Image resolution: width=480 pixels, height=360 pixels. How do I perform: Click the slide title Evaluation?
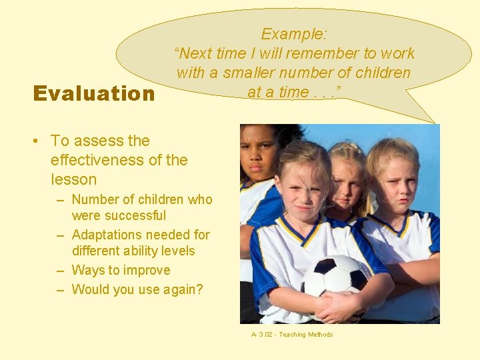tap(93, 93)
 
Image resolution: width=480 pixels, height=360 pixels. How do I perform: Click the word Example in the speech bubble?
tap(292, 34)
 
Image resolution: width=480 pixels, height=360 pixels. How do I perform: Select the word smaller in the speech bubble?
tap(255, 73)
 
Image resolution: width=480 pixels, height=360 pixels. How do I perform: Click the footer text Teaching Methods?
tap(305, 335)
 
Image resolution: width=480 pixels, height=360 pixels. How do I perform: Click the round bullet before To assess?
tap(39, 141)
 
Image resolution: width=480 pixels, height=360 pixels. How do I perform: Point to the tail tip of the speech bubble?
tap(434, 122)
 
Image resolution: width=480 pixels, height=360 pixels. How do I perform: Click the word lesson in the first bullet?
tap(73, 179)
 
